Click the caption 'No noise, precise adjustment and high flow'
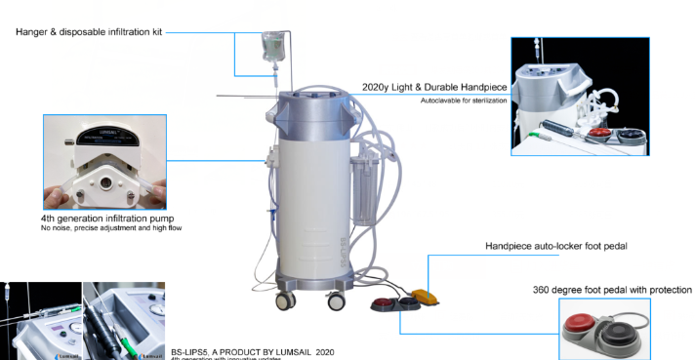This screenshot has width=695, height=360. pyautogui.click(x=111, y=228)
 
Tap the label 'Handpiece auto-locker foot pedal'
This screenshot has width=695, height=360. pyautogui.click(x=555, y=246)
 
